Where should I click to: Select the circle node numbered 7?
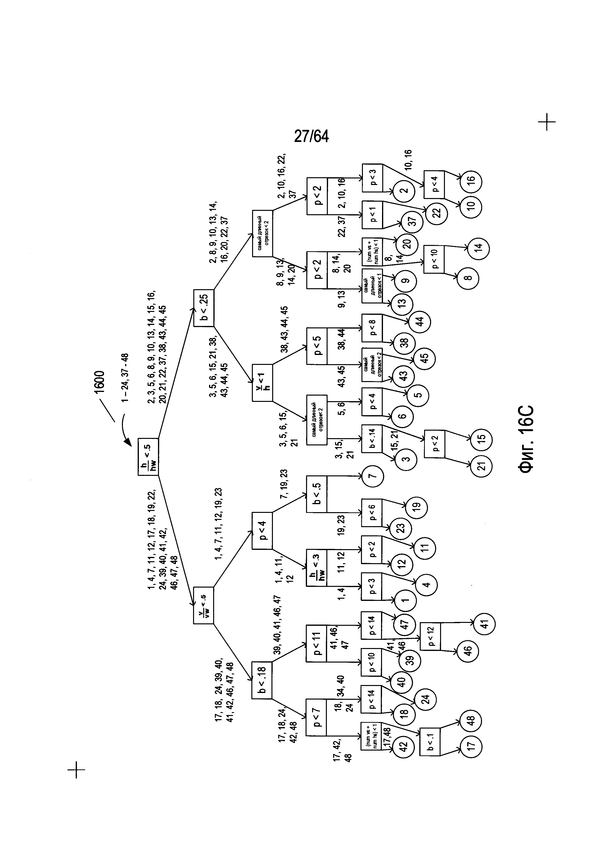(373, 476)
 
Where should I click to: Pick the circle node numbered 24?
(426, 700)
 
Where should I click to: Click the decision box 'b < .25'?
(203, 308)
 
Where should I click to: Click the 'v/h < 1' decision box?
(262, 383)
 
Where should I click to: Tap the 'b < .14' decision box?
(372, 438)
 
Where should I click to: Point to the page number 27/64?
(311, 136)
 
